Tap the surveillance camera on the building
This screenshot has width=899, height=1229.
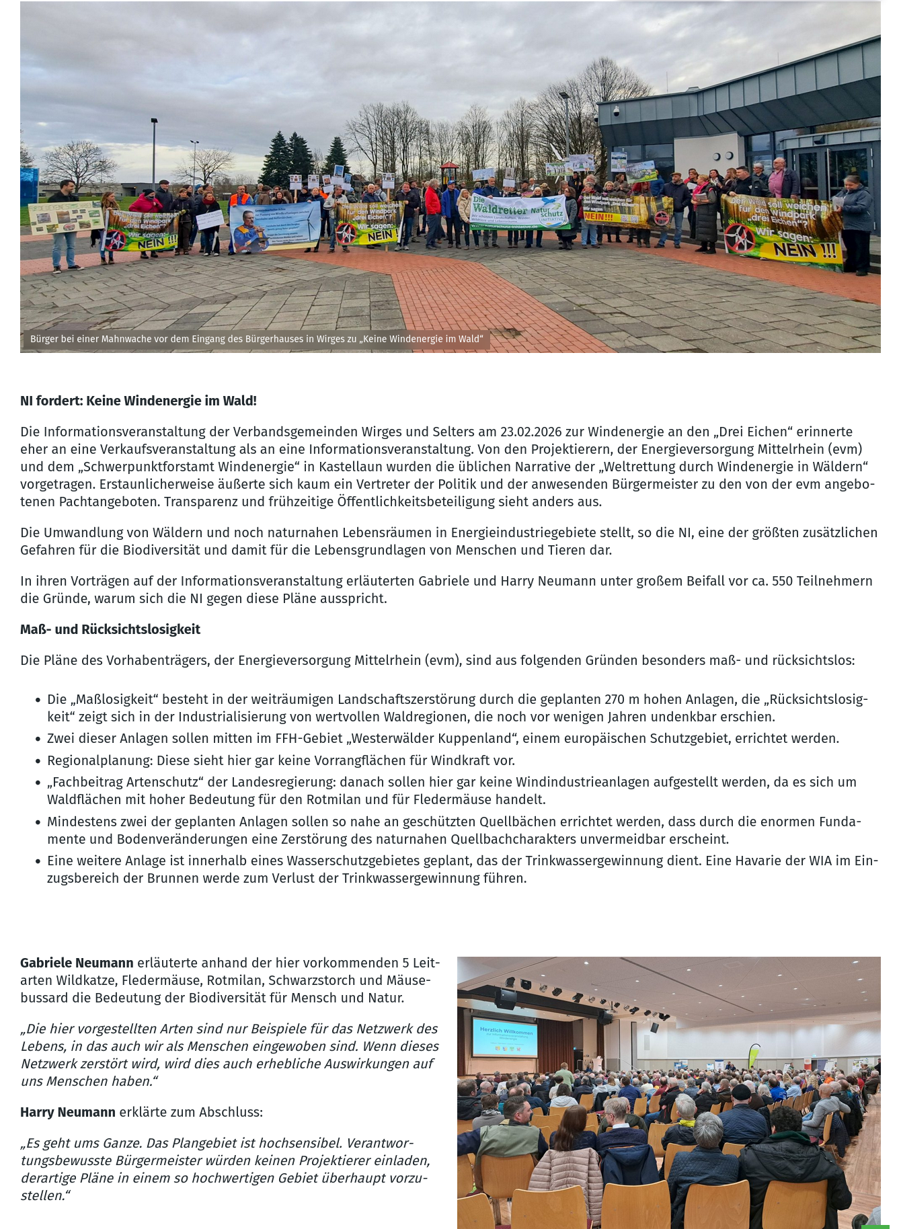point(617,111)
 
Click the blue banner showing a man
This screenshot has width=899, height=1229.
point(274,227)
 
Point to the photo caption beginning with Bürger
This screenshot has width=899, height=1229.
point(256,339)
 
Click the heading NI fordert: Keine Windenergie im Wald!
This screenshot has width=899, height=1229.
point(139,401)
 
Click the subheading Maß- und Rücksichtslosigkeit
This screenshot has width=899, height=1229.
point(110,629)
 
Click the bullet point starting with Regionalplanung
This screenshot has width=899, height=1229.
point(280,760)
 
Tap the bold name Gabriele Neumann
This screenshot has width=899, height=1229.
point(77,963)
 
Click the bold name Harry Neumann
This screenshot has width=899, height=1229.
point(68,1112)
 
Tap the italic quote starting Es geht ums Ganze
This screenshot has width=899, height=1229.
point(225,1169)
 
